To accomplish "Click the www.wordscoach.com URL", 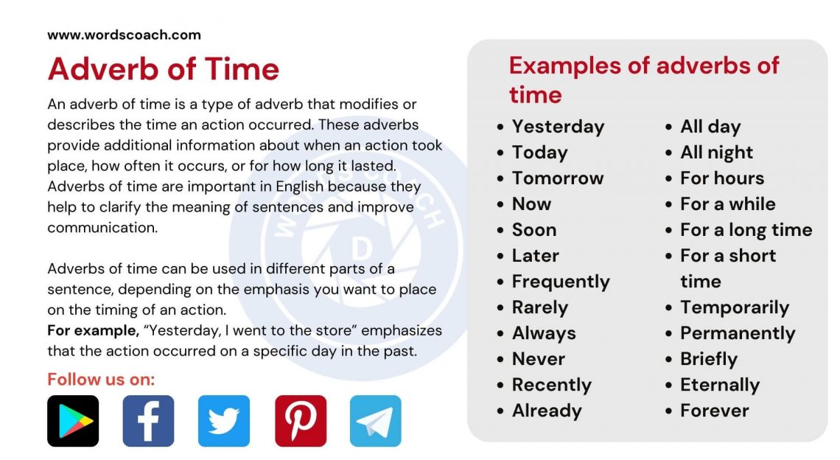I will [124, 35].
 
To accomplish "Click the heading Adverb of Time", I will [163, 69].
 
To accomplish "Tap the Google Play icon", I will [73, 421].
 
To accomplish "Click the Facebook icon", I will [148, 421].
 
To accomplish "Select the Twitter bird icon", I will [224, 421].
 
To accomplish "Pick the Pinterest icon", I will [301, 421].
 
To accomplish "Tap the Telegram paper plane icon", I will [376, 421].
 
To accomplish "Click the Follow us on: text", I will [101, 380].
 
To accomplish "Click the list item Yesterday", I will [558, 127].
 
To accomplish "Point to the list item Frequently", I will [561, 282].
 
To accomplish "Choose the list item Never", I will [538, 359].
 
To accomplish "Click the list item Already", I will [547, 411].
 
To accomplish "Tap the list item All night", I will [716, 153].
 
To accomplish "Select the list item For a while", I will [727, 204].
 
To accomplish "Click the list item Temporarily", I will [734, 307].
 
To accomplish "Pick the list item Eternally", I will [719, 385].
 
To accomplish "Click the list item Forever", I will [714, 411].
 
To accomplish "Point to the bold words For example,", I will [93, 330].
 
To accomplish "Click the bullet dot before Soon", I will [501, 231].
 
